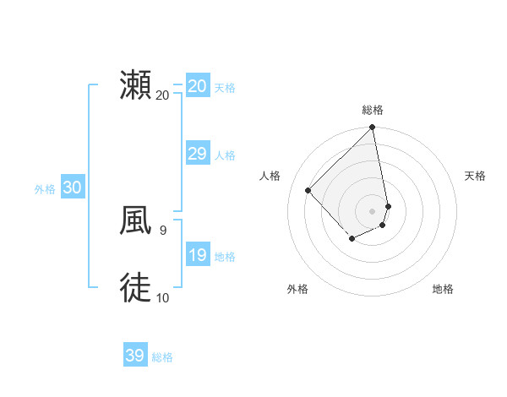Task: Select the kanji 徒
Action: coord(135,288)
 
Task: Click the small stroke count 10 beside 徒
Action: coord(163,297)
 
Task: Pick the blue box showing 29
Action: coord(197,154)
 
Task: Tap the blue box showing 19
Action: coord(197,255)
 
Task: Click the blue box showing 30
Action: coord(72,188)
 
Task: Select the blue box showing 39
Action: coord(134,356)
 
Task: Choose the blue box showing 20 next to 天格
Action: coord(197,86)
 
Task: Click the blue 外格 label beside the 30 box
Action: coord(45,189)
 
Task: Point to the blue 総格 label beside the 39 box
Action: coord(162,357)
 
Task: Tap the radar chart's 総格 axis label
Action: coord(373,110)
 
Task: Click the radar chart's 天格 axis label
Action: coord(475,176)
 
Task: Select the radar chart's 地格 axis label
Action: coord(443,290)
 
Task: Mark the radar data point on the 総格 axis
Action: coord(373,128)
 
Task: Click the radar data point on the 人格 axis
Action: coord(308,190)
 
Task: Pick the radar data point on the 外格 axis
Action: coord(352,240)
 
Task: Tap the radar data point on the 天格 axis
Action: coord(388,206)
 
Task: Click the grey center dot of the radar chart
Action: coord(373,211)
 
